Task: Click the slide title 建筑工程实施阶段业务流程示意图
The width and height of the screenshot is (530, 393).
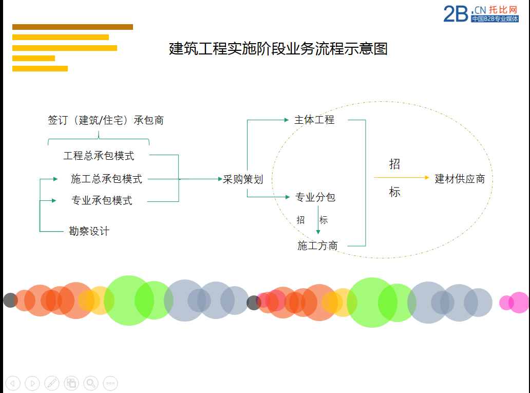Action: pos(278,49)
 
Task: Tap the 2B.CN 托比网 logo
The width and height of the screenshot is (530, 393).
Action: pos(481,14)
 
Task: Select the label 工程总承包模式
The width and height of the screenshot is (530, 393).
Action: pos(99,156)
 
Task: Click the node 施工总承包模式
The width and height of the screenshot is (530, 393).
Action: pos(106,179)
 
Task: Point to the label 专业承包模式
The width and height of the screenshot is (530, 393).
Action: pos(102,200)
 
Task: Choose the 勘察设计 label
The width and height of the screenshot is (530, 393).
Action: pos(89,231)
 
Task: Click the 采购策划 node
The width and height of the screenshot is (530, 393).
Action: pos(243,179)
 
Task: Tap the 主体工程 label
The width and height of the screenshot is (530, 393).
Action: pos(314,120)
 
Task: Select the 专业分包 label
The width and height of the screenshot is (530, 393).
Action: pos(315,197)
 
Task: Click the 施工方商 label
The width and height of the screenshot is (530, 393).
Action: pos(317,246)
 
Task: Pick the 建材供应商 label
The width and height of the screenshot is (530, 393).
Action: pos(460,179)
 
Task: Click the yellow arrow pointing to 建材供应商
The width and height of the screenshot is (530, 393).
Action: pos(402,177)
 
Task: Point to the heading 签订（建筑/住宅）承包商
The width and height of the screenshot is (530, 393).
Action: pos(106,120)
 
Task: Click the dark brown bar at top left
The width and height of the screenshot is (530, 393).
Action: pos(73,27)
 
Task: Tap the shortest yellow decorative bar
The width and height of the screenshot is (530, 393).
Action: pos(33,58)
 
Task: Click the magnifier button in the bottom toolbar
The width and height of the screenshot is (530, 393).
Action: pos(91,383)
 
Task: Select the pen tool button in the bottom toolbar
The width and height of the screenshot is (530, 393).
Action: pos(52,383)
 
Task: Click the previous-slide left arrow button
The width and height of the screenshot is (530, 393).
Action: pos(13,383)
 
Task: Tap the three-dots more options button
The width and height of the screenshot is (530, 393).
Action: pos(110,383)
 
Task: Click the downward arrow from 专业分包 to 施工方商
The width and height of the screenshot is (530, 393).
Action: pos(318,220)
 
